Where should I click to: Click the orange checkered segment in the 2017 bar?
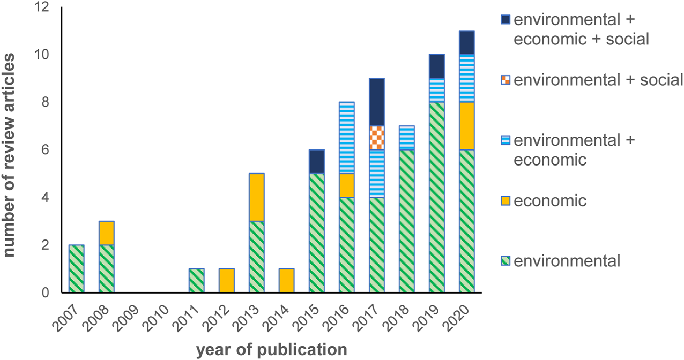coord(377,138)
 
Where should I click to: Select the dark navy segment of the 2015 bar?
coord(317,161)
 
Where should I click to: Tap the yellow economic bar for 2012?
coord(227,281)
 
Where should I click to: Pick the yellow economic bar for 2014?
coord(287,281)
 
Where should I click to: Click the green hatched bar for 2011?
coord(197,281)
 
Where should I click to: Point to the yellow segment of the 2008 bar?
coord(107,233)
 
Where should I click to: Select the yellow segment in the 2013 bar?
coord(257,197)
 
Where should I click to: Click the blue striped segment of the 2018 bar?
coord(407,138)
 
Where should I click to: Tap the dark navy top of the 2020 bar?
coord(467,43)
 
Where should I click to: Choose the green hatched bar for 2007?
coord(77,269)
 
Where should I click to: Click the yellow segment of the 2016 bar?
coord(347,185)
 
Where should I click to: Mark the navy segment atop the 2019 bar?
coord(437,66)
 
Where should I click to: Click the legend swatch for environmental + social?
coord(504,80)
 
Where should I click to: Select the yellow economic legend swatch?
coord(504,201)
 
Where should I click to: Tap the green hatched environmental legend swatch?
coord(504,261)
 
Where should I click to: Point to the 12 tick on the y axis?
coord(41,8)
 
